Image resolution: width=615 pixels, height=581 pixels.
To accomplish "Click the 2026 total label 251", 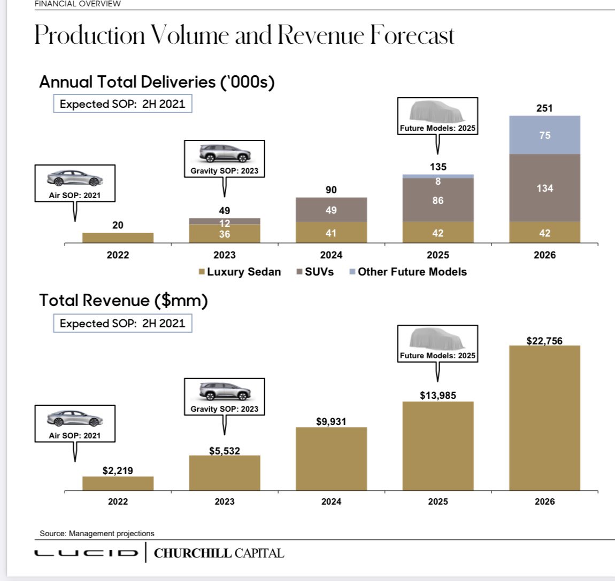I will (544, 108).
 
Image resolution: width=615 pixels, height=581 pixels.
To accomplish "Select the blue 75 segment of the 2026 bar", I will (544, 135).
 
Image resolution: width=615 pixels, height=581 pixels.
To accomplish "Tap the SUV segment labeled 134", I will (544, 188).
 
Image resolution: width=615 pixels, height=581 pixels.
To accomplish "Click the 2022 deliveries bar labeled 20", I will (118, 238).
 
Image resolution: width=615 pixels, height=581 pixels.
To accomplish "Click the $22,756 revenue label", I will (544, 341).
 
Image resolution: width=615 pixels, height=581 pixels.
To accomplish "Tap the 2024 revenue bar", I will (331, 459).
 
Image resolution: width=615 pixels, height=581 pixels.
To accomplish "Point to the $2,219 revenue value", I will (118, 471).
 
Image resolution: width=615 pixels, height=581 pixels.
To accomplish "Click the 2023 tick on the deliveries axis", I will (224, 255).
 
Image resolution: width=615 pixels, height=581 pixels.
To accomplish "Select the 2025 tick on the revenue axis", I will (438, 501).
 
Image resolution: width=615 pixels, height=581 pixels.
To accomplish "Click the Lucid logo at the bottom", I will (86, 553).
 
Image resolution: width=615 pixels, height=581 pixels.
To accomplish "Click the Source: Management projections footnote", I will (97, 533).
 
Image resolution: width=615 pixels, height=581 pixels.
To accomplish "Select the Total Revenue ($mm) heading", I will (124, 300).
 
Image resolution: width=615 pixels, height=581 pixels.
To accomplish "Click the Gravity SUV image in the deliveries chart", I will (224, 153).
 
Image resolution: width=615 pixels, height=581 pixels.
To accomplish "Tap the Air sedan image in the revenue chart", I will (74, 419).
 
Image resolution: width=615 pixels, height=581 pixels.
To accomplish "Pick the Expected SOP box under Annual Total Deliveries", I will (122, 104).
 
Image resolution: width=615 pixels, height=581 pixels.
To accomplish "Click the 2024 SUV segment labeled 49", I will (331, 210).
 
